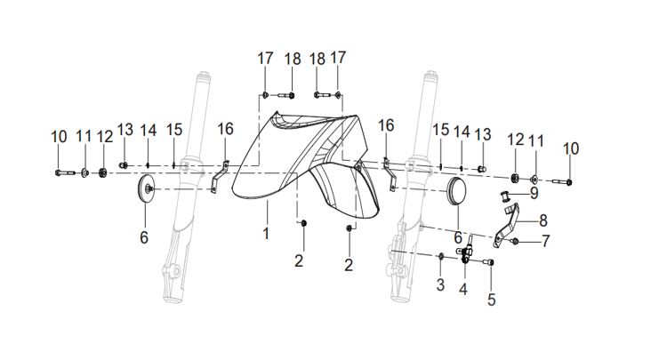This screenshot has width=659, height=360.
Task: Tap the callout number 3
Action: tap(440, 284)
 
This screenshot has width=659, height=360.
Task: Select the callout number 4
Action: tap(462, 289)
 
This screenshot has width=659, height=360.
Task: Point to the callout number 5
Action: tap(491, 299)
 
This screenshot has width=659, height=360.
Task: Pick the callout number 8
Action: tap(542, 218)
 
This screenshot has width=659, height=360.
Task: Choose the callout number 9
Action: tap(534, 191)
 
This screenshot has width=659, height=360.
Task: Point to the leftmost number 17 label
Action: tap(265, 59)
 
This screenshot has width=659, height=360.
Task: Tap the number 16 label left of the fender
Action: tap(225, 130)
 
